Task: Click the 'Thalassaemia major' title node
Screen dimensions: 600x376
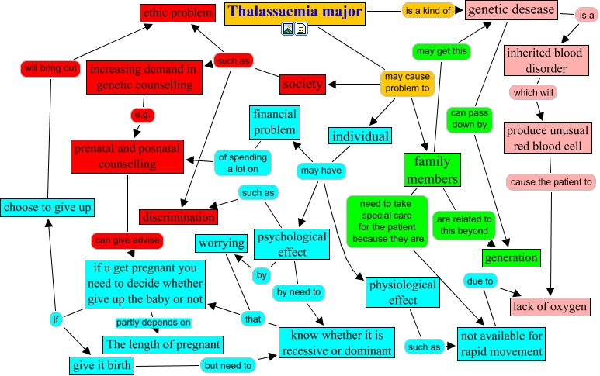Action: [x=294, y=12]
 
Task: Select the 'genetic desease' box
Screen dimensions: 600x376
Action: [x=512, y=10]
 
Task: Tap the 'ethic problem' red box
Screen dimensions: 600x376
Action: [x=176, y=12]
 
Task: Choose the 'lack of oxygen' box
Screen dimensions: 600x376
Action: [x=550, y=306]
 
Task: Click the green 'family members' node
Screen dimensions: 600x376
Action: [x=432, y=170]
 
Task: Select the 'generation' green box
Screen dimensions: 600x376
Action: [x=511, y=257]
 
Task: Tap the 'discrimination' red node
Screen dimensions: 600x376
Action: [x=178, y=217]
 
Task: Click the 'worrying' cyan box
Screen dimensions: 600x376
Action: [x=221, y=243]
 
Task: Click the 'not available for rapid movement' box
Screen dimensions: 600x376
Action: [x=501, y=343]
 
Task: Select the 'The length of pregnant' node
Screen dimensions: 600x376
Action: [x=163, y=344]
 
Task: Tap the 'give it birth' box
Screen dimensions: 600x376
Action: [x=101, y=364]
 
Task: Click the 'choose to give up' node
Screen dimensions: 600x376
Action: [x=47, y=208]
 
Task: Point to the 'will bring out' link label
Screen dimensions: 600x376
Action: [x=50, y=68]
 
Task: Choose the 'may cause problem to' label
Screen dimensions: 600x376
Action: [x=407, y=83]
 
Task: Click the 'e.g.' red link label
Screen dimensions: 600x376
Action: [x=143, y=115]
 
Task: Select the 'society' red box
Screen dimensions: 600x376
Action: [x=303, y=84]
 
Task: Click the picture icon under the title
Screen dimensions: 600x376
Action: [x=288, y=29]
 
